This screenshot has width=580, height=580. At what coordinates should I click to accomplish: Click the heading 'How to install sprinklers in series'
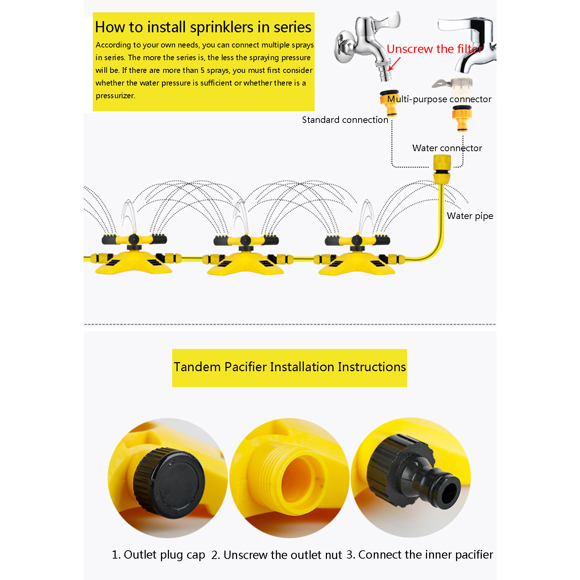pyautogui.click(x=203, y=27)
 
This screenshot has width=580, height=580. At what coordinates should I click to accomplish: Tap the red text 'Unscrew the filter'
pyautogui.click(x=435, y=49)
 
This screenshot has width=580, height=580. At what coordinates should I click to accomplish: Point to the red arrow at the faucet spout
pyautogui.click(x=394, y=64)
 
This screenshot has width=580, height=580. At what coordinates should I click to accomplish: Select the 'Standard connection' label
pyautogui.click(x=345, y=120)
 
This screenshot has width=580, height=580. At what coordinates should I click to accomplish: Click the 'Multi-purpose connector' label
pyautogui.click(x=439, y=99)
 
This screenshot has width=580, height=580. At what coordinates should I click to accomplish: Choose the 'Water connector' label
pyautogui.click(x=447, y=148)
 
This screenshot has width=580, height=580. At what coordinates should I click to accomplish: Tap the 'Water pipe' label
pyautogui.click(x=470, y=216)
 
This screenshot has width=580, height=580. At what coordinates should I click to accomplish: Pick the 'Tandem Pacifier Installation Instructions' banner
pyautogui.click(x=290, y=368)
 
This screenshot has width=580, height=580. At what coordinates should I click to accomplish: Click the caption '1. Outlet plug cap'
pyautogui.click(x=158, y=555)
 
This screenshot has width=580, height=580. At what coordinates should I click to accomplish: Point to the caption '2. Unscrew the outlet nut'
pyautogui.click(x=277, y=555)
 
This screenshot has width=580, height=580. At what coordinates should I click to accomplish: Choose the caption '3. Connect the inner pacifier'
pyautogui.click(x=420, y=555)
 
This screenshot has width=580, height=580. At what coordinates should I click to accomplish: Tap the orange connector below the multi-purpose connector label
pyautogui.click(x=462, y=118)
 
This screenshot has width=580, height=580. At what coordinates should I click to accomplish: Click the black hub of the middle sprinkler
pyautogui.click(x=245, y=240)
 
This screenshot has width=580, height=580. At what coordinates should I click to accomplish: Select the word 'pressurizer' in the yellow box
pyautogui.click(x=115, y=96)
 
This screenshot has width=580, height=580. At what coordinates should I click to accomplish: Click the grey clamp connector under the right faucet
pyautogui.click(x=453, y=83)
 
